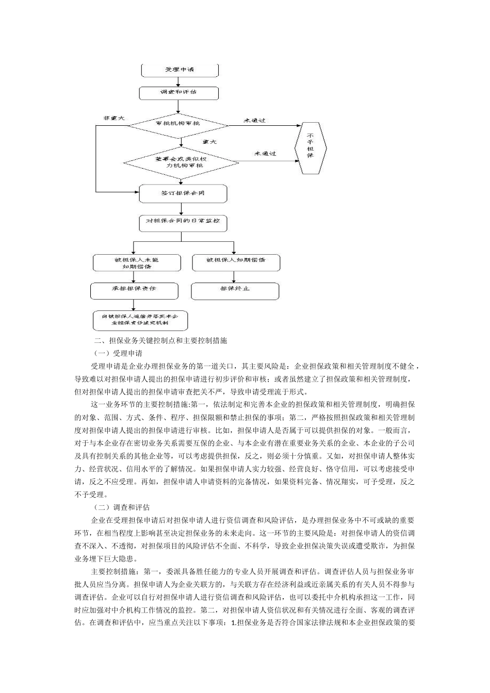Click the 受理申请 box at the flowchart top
tap(179, 70)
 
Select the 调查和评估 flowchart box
tap(179, 93)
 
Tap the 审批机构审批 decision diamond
tap(178, 124)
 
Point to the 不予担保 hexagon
tap(310, 148)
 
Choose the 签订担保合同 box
tap(183, 193)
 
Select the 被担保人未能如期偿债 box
tap(137, 263)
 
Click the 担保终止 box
tap(235, 290)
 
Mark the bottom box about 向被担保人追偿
tap(140, 320)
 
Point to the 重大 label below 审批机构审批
tap(209, 142)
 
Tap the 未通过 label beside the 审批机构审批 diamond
tap(254, 121)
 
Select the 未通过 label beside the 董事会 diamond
tap(265, 154)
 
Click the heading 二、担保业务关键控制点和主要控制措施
tap(161, 341)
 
